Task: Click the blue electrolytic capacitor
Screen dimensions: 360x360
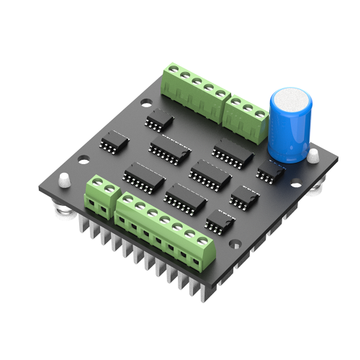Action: pos(289,126)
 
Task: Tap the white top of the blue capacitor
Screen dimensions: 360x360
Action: pos(291,97)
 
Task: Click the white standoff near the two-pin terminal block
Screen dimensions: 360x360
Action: pos(63,179)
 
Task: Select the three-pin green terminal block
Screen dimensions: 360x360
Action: pos(248,115)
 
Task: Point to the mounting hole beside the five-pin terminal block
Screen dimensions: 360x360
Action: pos(147,103)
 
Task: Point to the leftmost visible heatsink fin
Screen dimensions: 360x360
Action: pos(81,228)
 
